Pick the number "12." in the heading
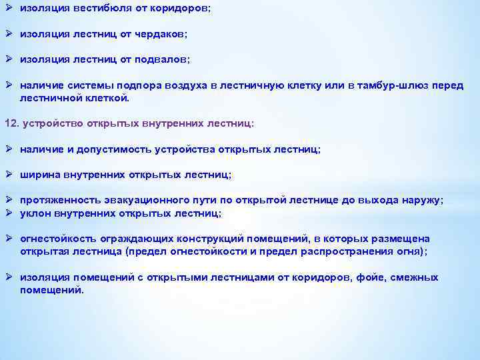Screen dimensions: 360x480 pyautogui.click(x=12, y=123)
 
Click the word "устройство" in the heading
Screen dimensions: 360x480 pyautogui.click(x=53, y=123)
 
